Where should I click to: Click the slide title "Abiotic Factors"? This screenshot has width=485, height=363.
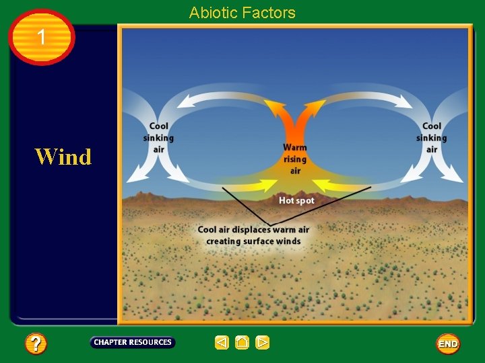pyautogui.click(x=242, y=12)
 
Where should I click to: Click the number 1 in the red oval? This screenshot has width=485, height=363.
pyautogui.click(x=42, y=38)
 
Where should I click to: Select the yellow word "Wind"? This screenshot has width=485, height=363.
pyautogui.click(x=63, y=157)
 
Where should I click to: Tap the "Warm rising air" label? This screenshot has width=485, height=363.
pyautogui.click(x=295, y=159)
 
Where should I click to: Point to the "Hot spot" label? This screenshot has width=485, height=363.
pyautogui.click(x=296, y=200)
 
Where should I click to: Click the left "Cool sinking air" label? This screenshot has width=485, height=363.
pyautogui.click(x=158, y=137)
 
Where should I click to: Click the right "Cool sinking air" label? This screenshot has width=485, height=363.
pyautogui.click(x=431, y=137)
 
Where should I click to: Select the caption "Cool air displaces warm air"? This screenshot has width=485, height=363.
pyautogui.click(x=253, y=230)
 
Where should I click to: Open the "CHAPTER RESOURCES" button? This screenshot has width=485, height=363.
pyautogui.click(x=133, y=342)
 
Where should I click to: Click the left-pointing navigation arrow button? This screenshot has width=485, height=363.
pyautogui.click(x=222, y=343)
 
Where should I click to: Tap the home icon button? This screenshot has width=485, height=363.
pyautogui.click(x=242, y=343)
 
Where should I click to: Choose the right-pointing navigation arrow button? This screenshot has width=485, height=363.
pyautogui.click(x=263, y=343)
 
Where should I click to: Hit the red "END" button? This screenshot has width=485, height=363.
pyautogui.click(x=448, y=344)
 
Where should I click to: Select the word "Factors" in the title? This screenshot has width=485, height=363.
pyautogui.click(x=271, y=12)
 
